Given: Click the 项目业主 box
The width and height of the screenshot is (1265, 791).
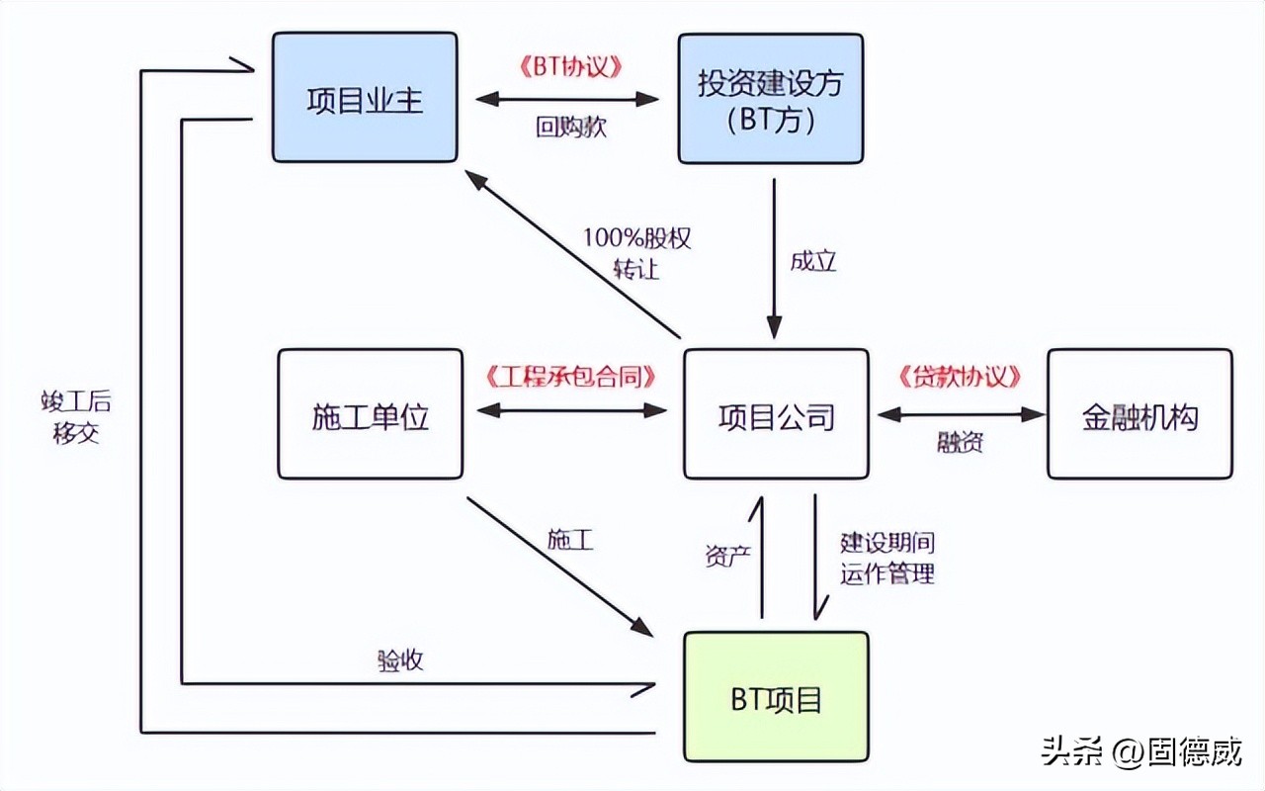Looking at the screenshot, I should click(365, 97).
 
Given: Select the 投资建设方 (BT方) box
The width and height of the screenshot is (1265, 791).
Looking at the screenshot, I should click(770, 98).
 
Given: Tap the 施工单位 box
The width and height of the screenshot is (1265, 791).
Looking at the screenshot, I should click(370, 414).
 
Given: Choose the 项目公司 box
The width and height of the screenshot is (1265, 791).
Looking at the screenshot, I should click(776, 414).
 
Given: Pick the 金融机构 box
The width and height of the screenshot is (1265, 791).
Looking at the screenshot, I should click(1139, 414).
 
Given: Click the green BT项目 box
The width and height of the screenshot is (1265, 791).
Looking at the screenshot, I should click(776, 698).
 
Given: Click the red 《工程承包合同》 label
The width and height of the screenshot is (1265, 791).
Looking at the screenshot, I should click(572, 377).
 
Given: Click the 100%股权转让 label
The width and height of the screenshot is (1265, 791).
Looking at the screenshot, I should click(636, 253).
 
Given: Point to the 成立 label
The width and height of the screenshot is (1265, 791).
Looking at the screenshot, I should click(812, 261).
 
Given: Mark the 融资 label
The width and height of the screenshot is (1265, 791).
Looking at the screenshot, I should click(960, 442).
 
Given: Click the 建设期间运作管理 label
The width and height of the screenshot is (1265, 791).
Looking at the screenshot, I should click(886, 558).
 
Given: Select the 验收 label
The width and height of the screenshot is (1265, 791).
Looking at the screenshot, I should click(400, 660).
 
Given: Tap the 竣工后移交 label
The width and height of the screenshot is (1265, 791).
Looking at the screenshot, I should click(76, 416).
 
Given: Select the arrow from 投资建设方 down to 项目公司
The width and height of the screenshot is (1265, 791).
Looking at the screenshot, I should click(774, 257).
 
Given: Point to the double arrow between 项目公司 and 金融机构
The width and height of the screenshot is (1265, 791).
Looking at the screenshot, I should click(960, 415).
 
